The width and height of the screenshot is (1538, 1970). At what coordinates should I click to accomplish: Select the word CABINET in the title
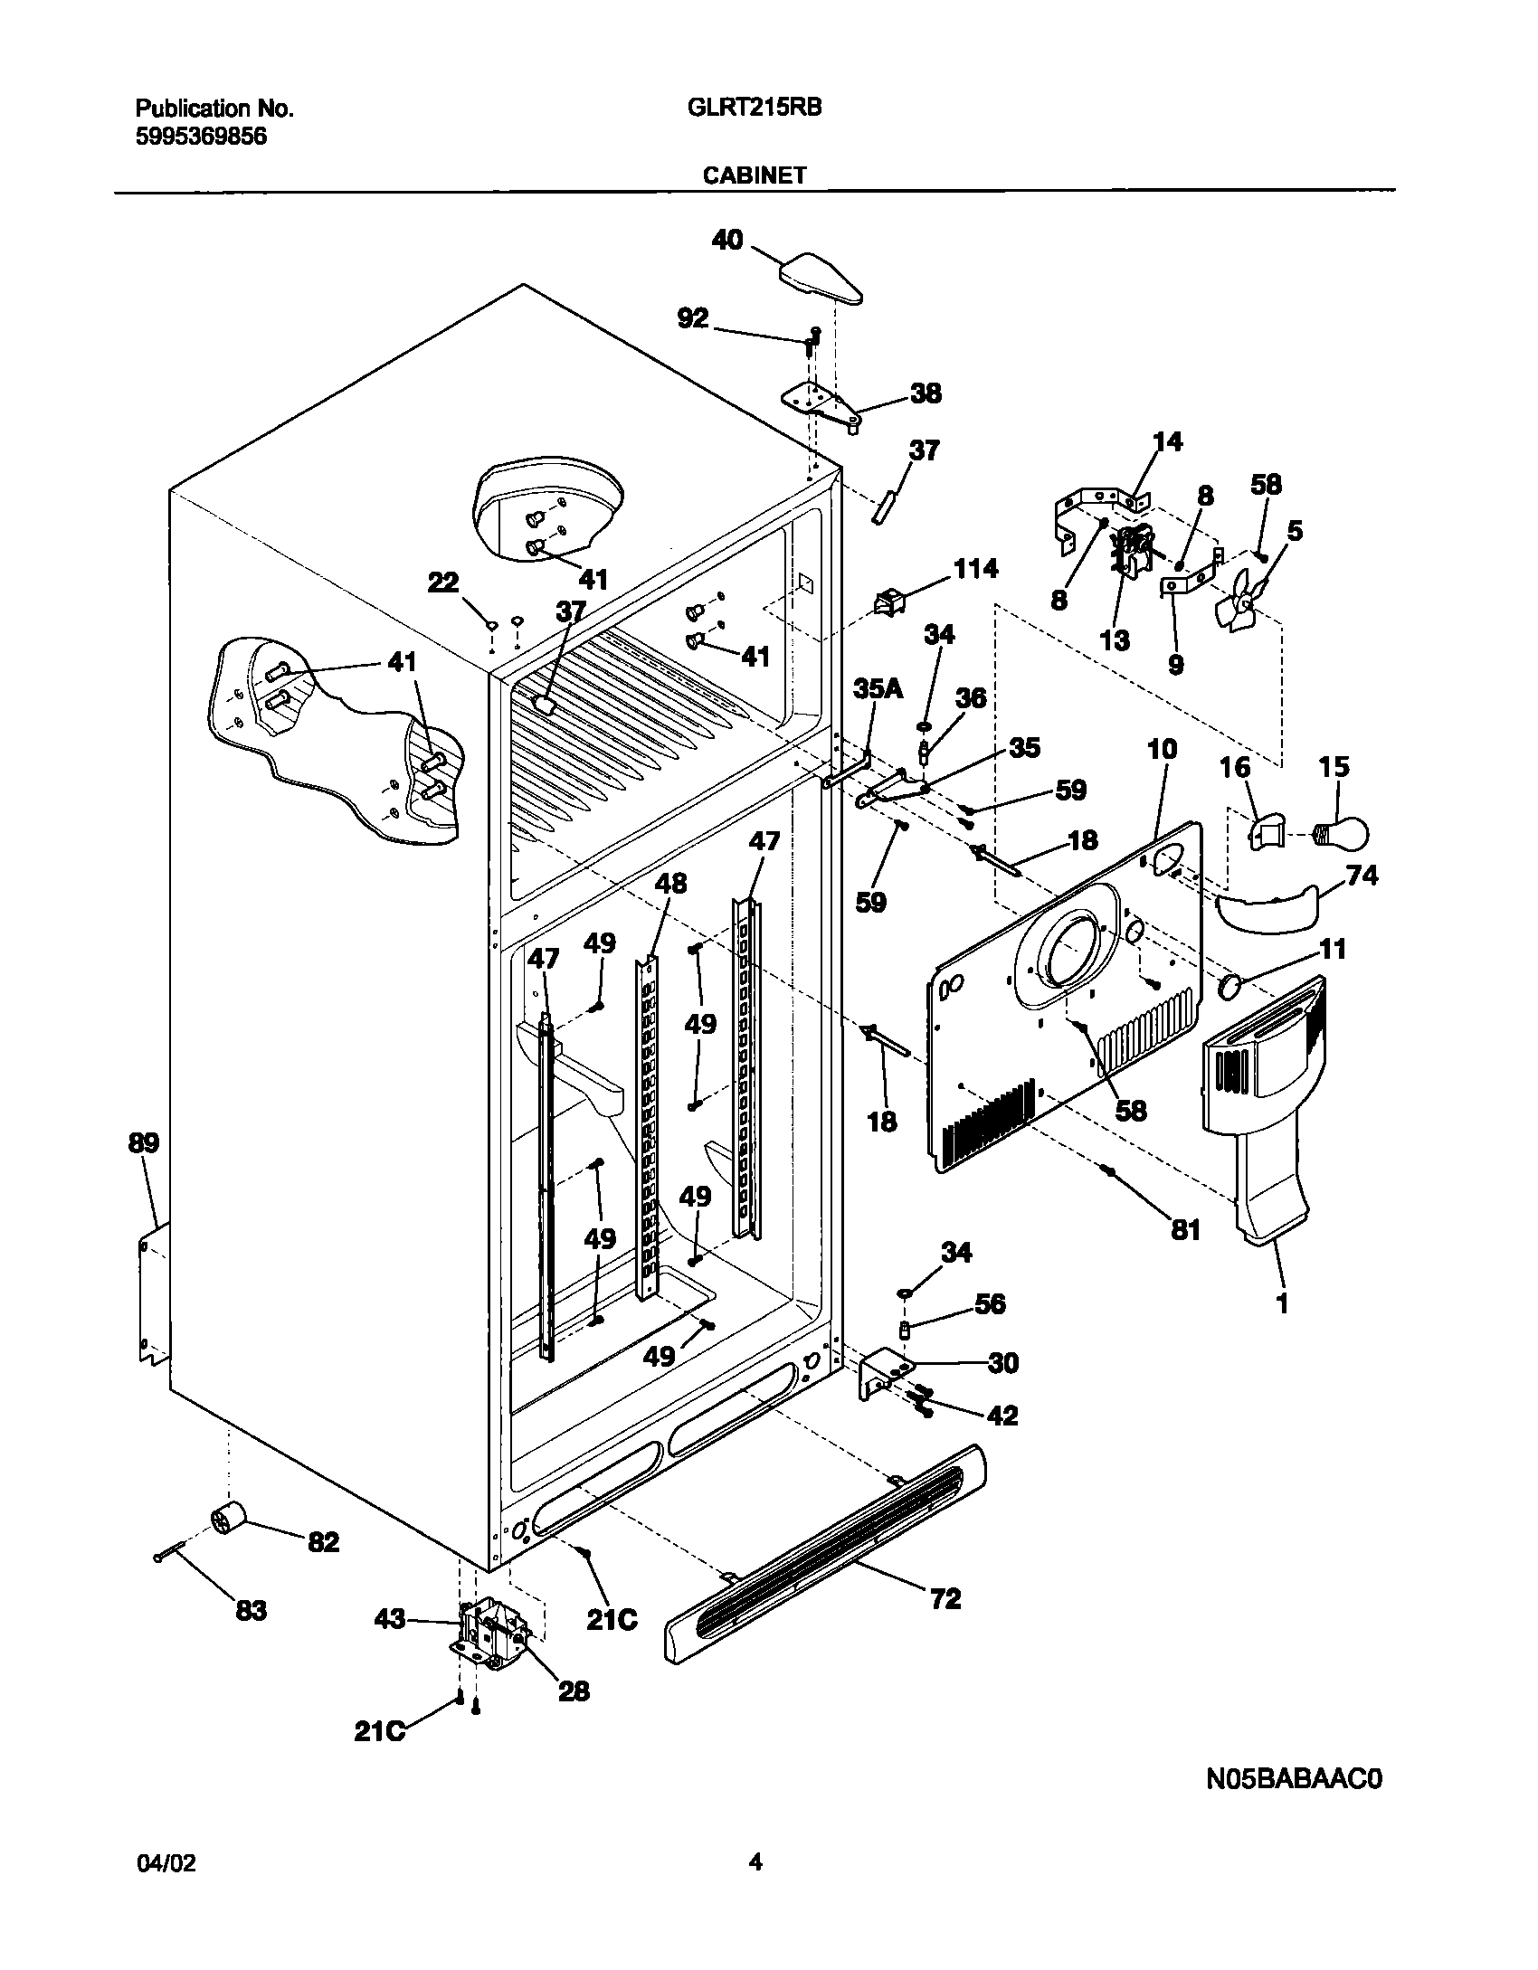point(755,176)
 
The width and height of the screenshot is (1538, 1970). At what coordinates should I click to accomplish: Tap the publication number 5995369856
point(201,137)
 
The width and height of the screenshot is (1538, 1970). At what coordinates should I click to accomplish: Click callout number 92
point(693,319)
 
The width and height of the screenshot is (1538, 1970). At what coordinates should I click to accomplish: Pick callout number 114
point(975,569)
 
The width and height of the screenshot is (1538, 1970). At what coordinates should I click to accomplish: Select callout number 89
point(143,1143)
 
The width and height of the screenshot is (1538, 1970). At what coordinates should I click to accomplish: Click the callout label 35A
point(878,690)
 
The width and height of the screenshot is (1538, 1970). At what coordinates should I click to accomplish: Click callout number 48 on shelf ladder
point(670,883)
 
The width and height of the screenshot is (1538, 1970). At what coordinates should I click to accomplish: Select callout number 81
point(1185,1229)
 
